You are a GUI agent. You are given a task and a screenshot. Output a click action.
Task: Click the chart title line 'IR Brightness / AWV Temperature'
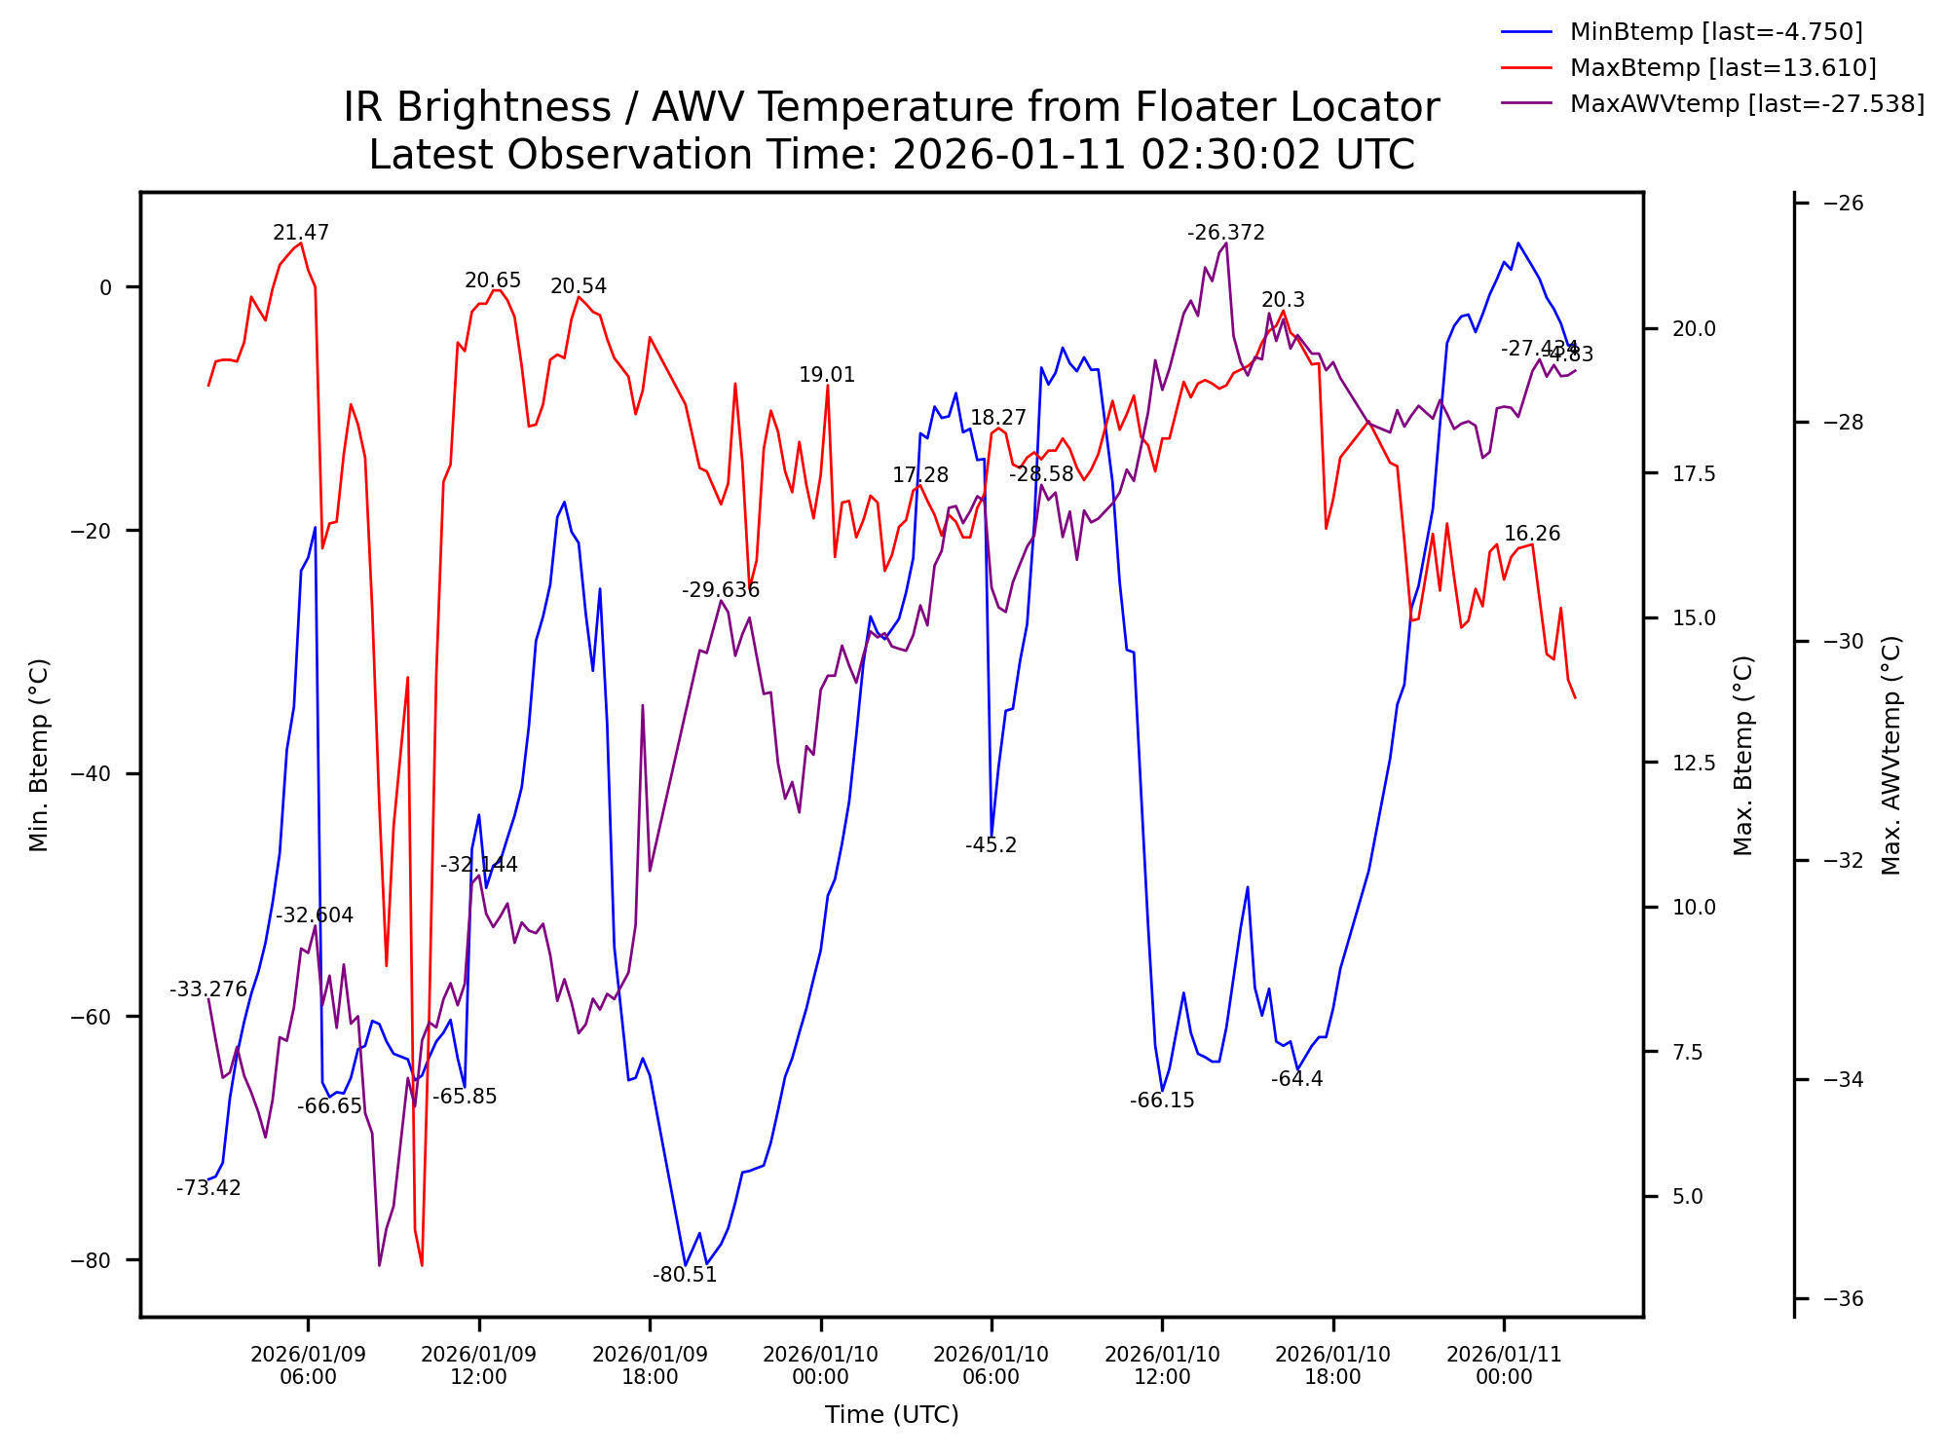point(891,107)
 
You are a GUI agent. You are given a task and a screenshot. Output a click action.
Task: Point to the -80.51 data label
point(685,1275)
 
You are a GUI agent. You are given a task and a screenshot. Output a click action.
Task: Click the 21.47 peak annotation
point(301,233)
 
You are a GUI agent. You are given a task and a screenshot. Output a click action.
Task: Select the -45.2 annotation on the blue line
point(991,845)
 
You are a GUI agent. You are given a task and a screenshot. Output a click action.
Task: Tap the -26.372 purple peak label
point(1225,233)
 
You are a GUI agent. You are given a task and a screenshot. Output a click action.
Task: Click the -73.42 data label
point(208,1188)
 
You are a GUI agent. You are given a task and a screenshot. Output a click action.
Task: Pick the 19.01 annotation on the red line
point(827,375)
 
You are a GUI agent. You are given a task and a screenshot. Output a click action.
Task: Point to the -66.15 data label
point(1162,1101)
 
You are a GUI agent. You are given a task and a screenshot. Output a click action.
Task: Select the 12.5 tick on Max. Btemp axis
point(1694,763)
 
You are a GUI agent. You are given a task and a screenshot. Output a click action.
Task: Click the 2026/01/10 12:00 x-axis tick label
point(1162,1365)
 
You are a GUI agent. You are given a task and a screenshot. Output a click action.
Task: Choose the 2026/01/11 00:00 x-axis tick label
point(1504,1365)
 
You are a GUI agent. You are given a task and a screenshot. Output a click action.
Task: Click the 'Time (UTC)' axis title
point(891,1415)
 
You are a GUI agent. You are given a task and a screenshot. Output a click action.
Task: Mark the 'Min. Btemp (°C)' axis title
point(39,755)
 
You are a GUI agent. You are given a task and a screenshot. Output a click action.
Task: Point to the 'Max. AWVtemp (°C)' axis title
point(1891,755)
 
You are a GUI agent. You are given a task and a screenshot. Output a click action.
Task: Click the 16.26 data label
point(1532,534)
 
